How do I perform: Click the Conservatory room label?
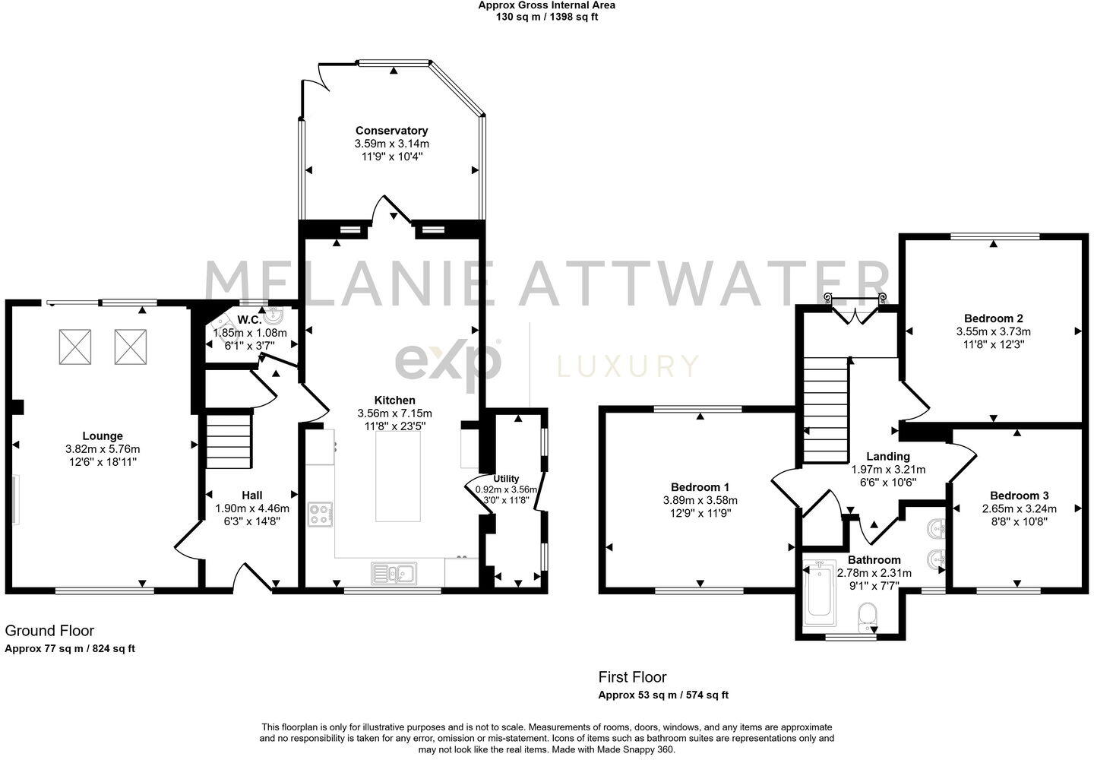coord(391,131)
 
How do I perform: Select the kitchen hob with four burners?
coord(320,514)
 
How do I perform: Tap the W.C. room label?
coord(250,320)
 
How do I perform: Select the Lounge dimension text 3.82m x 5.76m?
coord(103,449)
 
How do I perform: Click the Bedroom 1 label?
coord(700,487)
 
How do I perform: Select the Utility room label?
coord(506,478)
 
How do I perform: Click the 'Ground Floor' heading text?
coord(50,630)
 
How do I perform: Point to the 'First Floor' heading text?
coord(632,676)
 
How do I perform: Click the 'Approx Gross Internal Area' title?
coord(546,5)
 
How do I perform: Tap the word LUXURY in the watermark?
coord(628,366)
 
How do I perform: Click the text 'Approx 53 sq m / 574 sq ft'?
coord(663,695)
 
